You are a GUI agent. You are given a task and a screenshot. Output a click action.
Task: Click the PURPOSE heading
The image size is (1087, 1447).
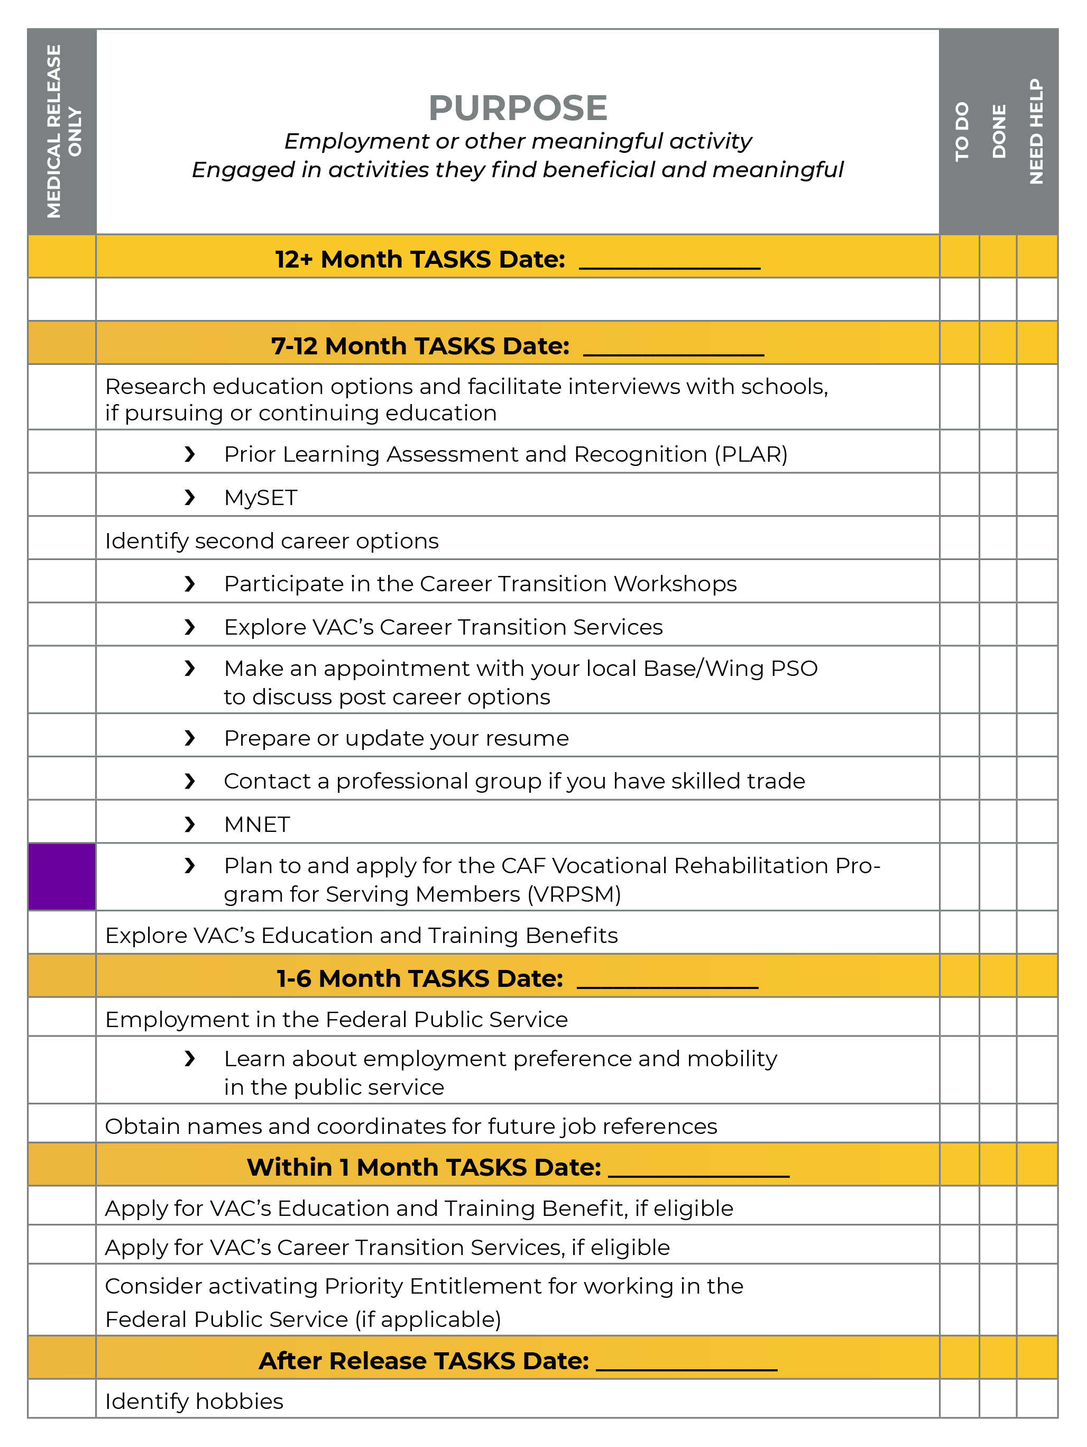518,108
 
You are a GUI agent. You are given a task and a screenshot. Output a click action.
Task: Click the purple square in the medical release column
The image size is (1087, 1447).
62,876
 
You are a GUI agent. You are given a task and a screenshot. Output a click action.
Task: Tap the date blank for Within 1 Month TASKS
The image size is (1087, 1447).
698,1169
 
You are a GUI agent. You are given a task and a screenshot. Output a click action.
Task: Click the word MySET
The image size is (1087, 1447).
260,498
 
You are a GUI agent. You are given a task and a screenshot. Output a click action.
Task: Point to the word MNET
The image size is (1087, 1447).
257,824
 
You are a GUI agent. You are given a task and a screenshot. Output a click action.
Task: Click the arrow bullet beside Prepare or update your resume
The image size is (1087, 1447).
190,738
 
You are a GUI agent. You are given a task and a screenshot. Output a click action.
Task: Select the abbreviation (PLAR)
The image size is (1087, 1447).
750,455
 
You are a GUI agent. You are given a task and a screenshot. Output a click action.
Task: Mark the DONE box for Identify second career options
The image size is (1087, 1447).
998,538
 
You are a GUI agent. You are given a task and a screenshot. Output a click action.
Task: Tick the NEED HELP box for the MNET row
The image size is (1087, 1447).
1037,822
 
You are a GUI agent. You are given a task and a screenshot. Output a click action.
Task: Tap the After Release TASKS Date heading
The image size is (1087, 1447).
424,1361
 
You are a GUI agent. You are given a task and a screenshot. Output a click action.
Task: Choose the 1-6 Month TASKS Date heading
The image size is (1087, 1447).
419,978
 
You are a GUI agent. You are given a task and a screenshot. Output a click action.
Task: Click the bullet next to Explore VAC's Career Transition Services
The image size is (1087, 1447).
190,627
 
